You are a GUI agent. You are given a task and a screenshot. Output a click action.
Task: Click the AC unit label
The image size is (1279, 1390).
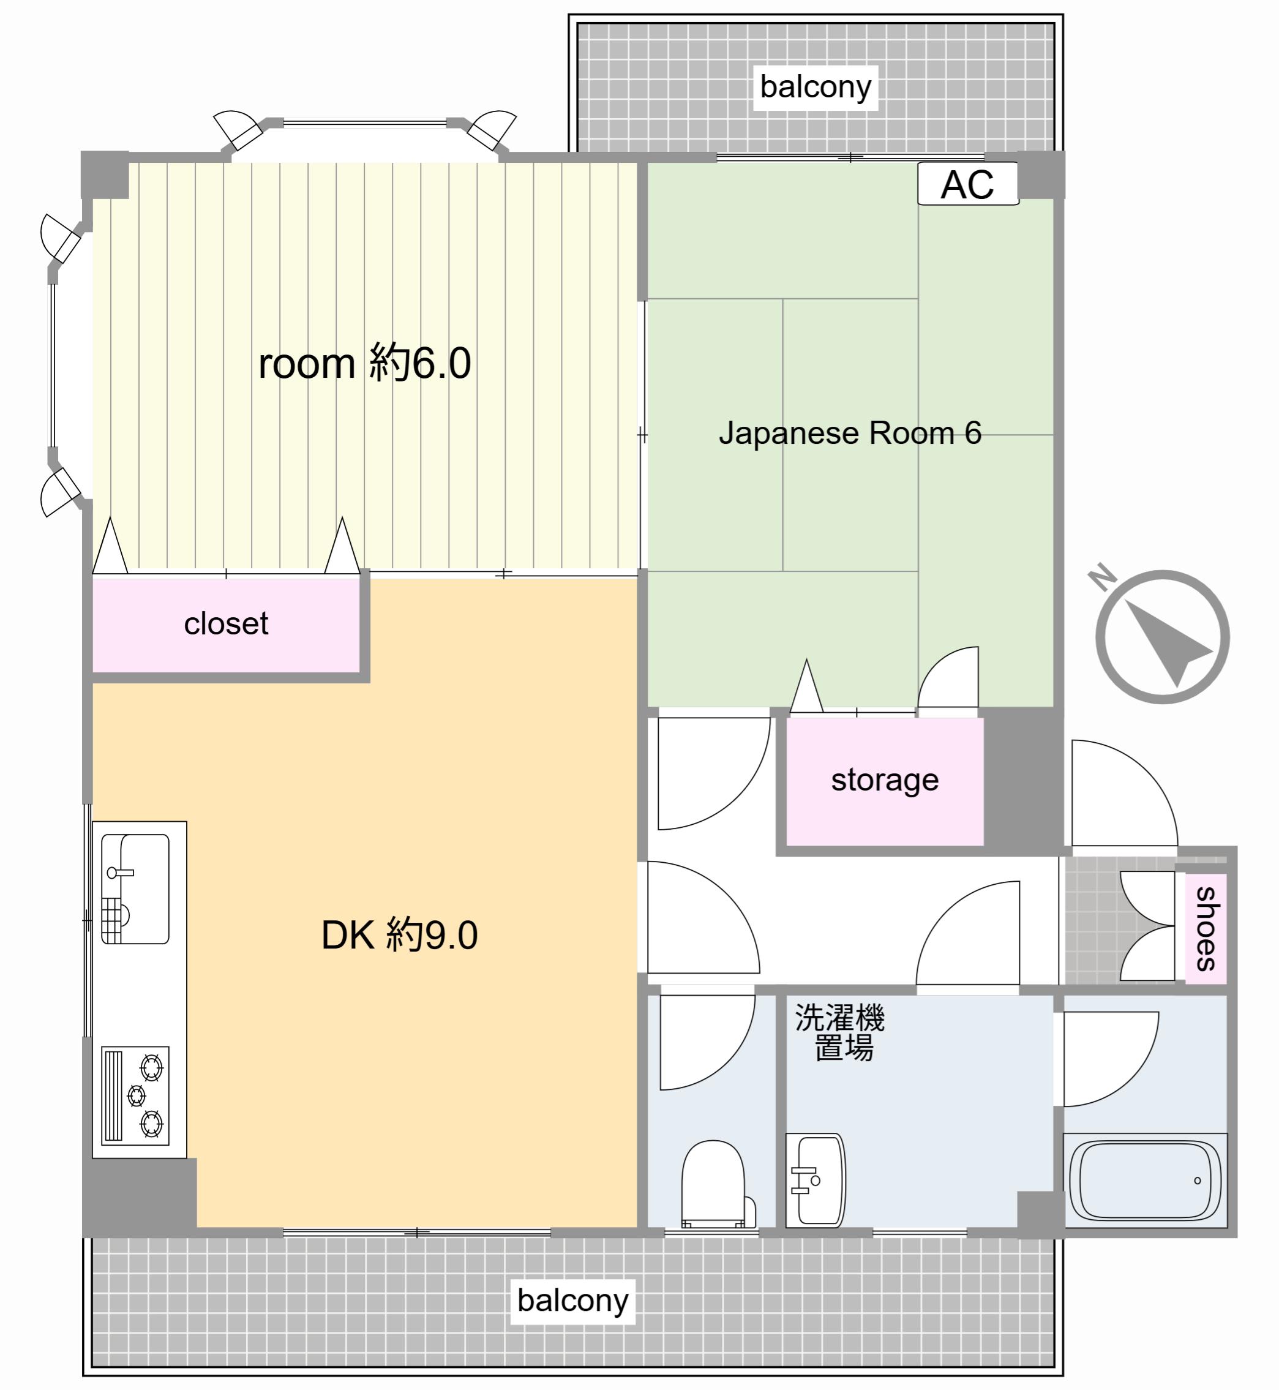click(x=967, y=184)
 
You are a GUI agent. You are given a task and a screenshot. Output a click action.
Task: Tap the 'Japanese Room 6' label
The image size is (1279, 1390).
click(x=850, y=434)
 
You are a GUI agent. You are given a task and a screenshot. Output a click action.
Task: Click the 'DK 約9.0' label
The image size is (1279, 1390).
click(x=399, y=934)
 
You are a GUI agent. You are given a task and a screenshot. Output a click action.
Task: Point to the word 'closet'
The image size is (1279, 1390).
click(x=226, y=624)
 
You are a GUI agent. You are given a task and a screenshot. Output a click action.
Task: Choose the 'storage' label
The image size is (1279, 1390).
click(x=885, y=780)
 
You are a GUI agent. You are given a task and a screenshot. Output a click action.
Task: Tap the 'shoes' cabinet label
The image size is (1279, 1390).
click(x=1206, y=928)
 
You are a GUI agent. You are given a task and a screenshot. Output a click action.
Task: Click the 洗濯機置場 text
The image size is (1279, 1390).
click(x=839, y=1032)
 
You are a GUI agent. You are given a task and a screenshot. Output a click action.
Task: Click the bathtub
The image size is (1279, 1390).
click(x=1145, y=1180)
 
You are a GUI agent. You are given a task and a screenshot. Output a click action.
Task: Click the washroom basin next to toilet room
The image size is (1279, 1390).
click(x=816, y=1179)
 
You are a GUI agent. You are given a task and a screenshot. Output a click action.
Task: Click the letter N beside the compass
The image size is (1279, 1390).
click(x=1102, y=577)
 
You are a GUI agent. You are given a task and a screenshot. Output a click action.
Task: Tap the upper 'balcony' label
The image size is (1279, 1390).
click(x=816, y=87)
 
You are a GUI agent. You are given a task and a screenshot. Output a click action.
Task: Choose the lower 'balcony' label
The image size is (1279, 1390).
click(x=573, y=1301)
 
